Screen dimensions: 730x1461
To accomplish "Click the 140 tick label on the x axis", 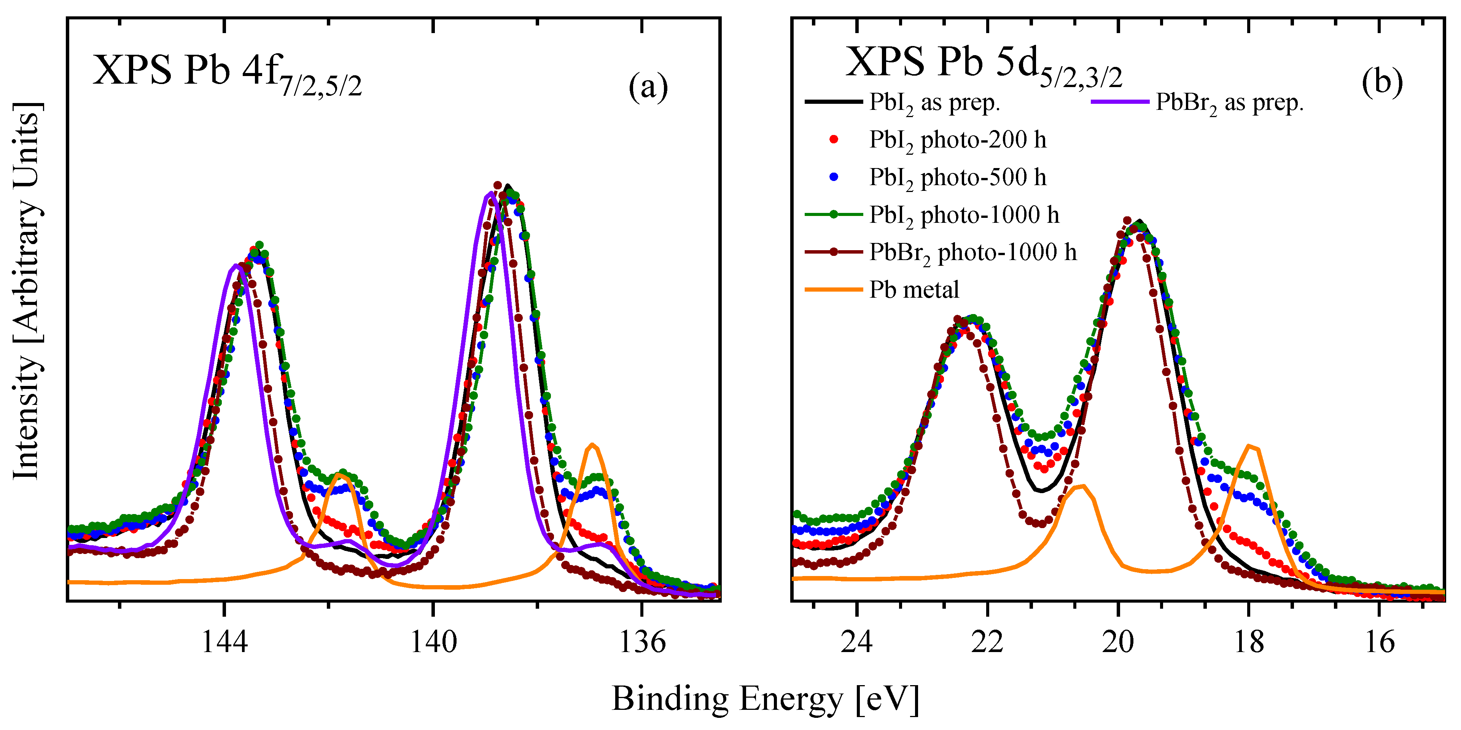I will [433, 642].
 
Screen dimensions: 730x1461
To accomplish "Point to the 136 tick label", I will [642, 642].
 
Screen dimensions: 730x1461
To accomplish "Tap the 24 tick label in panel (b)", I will [857, 642].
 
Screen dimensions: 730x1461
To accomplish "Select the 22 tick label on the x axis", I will [987, 642].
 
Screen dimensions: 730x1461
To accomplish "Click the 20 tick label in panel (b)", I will [1118, 642].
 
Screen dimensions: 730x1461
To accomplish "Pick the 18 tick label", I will [1248, 642].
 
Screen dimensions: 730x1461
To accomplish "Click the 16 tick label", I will [1379, 642].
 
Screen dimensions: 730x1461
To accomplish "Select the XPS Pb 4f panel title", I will [227, 74].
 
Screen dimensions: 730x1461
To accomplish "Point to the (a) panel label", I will [648, 87].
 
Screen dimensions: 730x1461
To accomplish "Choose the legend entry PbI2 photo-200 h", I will [957, 140].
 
